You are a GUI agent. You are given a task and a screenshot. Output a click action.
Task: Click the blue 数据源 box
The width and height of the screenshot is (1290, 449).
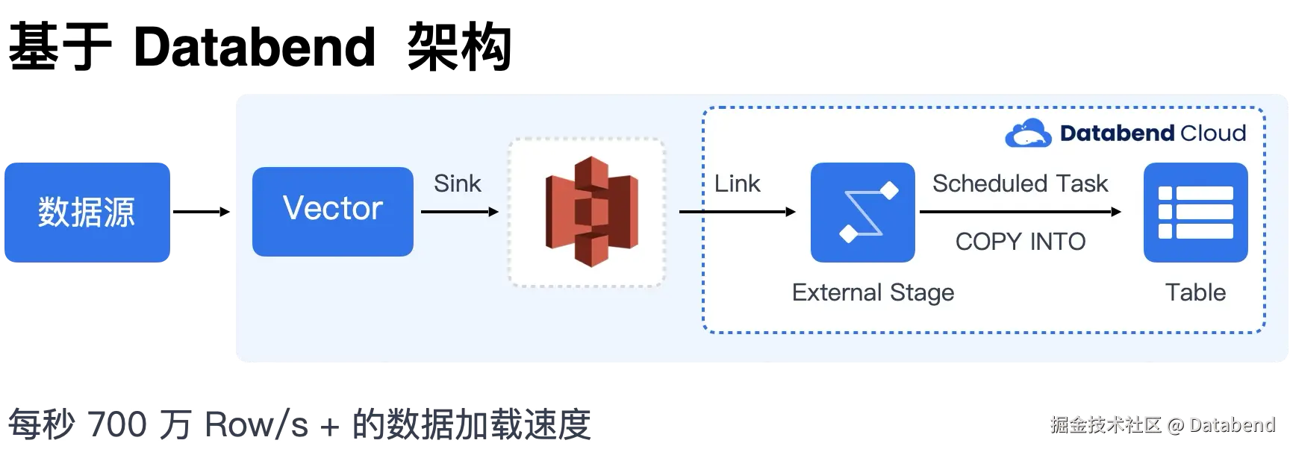[x=87, y=212]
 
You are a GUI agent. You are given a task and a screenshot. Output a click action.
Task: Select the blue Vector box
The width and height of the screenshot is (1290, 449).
[x=333, y=211]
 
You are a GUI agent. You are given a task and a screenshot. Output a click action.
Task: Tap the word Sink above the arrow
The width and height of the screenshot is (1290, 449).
[x=457, y=183]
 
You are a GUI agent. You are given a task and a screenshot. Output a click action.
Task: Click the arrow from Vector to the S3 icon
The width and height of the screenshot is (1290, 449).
[x=459, y=212]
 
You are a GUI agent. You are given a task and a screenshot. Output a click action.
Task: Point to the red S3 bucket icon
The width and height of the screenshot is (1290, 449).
[x=591, y=212]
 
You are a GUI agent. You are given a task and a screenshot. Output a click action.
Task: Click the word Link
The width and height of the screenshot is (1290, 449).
[x=737, y=183]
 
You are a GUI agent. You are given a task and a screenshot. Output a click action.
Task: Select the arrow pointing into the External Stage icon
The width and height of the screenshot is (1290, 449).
[x=738, y=212]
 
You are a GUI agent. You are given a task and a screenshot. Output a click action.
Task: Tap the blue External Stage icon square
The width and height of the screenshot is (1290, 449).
[x=862, y=213]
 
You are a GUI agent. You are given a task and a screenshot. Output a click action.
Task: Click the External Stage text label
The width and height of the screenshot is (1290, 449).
[x=873, y=292]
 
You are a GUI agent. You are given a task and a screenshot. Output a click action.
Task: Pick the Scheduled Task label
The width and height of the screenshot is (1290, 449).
[x=1020, y=183]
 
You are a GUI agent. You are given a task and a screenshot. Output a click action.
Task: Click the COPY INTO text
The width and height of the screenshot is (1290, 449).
[x=1021, y=242]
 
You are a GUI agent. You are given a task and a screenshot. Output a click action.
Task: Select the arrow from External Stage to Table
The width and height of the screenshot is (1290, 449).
[x=1020, y=212]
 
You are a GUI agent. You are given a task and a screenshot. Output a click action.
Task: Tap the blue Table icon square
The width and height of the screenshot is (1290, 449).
[x=1195, y=213]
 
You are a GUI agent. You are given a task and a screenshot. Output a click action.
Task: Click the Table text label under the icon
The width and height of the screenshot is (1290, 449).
[x=1195, y=292]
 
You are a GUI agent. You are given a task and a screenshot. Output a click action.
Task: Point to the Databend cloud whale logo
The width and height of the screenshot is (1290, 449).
[x=1028, y=134]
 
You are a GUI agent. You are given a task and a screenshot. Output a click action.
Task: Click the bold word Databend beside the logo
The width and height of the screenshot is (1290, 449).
[x=1117, y=134]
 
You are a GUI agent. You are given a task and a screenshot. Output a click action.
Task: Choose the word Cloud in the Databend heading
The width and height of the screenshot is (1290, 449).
[x=1213, y=134]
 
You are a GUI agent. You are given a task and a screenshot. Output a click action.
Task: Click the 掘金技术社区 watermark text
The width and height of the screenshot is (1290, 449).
[x=1106, y=424]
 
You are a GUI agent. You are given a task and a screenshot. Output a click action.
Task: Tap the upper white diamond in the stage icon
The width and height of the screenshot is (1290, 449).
[x=889, y=191]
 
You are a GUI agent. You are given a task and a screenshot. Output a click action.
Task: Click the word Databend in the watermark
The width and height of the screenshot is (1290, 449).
[x=1231, y=424]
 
